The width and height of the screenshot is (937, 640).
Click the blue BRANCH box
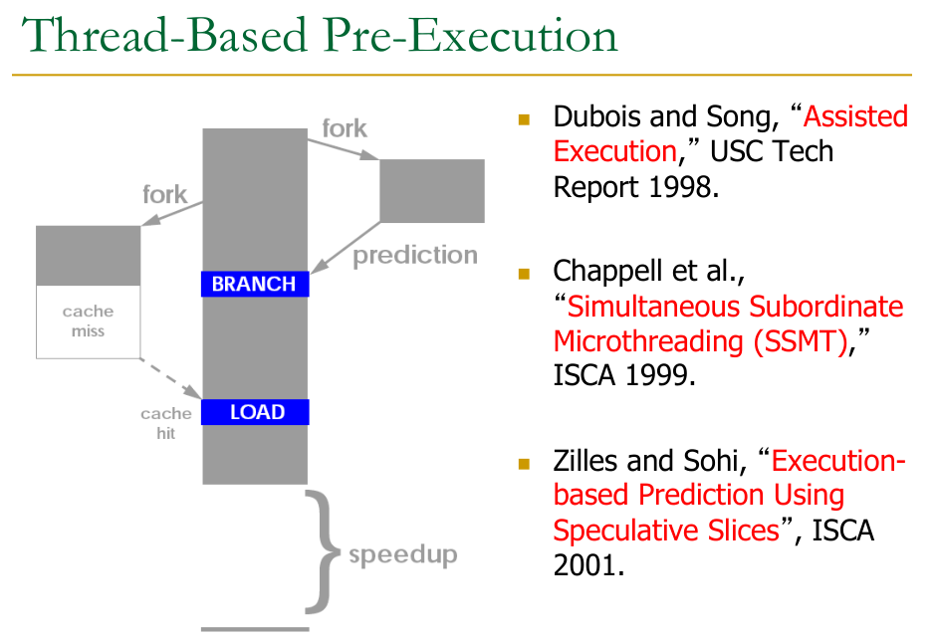tap(255, 284)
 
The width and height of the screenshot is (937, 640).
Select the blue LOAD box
tap(255, 412)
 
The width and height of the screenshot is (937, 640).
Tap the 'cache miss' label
tap(88, 320)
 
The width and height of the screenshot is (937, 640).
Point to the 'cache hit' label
tap(166, 423)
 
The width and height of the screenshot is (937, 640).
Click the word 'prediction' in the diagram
tap(415, 256)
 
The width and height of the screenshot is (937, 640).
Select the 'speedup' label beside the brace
tap(403, 555)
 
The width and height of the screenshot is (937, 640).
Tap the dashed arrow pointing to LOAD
tap(171, 379)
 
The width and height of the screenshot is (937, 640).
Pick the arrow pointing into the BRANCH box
tap(346, 248)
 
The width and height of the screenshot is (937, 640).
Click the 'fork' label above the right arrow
tap(345, 128)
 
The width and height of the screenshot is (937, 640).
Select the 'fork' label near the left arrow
tap(164, 195)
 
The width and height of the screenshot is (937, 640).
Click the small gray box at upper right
tap(432, 191)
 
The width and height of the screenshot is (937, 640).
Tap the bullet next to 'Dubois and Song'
tap(524, 119)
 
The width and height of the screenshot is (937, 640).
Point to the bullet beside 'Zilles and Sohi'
tap(524, 464)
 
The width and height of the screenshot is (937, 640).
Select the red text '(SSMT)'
tap(801, 341)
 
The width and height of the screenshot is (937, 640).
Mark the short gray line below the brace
tap(255, 629)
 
